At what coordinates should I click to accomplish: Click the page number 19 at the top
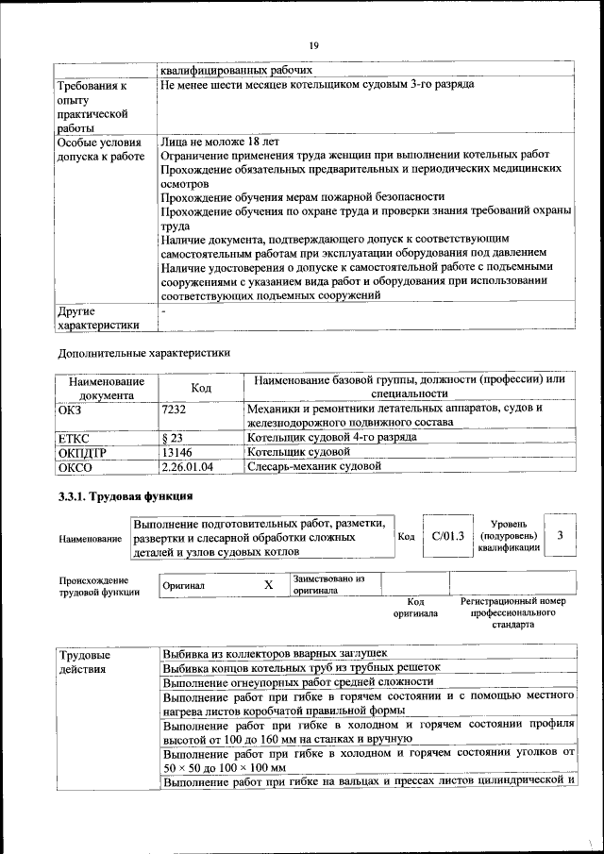[x=314, y=44]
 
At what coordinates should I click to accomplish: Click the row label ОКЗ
[x=72, y=409]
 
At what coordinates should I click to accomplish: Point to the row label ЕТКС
[x=75, y=438]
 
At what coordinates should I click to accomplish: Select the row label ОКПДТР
[x=80, y=452]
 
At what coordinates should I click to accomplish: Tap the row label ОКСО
[x=75, y=466]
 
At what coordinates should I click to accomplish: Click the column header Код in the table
[x=201, y=388]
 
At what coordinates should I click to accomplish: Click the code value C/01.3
[x=448, y=536]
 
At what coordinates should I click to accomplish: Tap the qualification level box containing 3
[x=561, y=536]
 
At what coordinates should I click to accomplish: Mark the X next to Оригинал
[x=268, y=585]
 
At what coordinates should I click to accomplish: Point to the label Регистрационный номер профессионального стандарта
[x=512, y=612]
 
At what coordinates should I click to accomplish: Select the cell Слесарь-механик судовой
[x=313, y=466]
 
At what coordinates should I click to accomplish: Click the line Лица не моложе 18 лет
[x=213, y=141]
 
